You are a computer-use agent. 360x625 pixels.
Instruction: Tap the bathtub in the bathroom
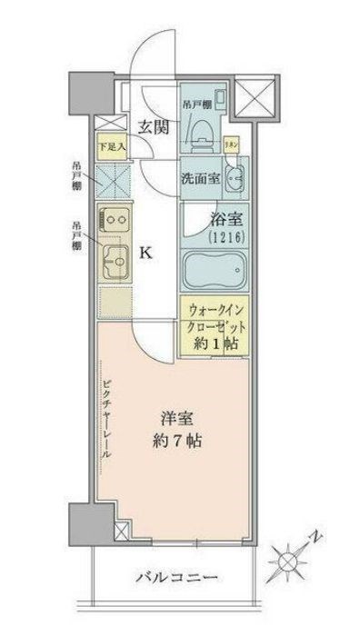tap(215, 270)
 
